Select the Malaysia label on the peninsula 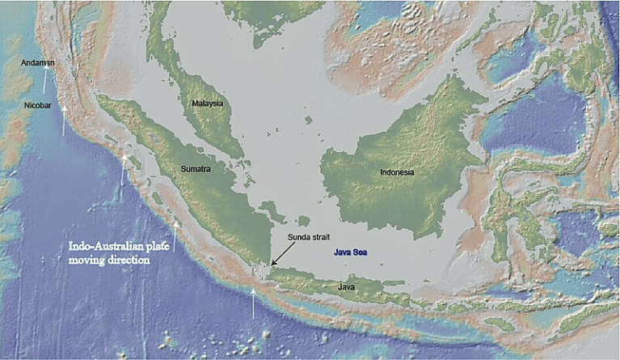coord(207,104)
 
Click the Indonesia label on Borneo coord(397,172)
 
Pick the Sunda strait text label coord(309,237)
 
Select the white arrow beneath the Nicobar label coord(64,122)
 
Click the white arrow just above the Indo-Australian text coord(175,230)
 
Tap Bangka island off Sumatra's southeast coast coord(272,211)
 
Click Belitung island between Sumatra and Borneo coord(303,220)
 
